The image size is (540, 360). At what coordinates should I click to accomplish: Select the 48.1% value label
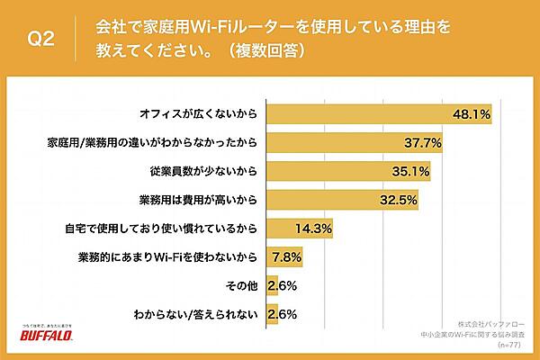[x=471, y=114]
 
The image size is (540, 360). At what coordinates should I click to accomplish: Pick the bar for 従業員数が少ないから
[x=337, y=171]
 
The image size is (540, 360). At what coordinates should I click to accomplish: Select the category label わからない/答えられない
[x=209, y=314]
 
